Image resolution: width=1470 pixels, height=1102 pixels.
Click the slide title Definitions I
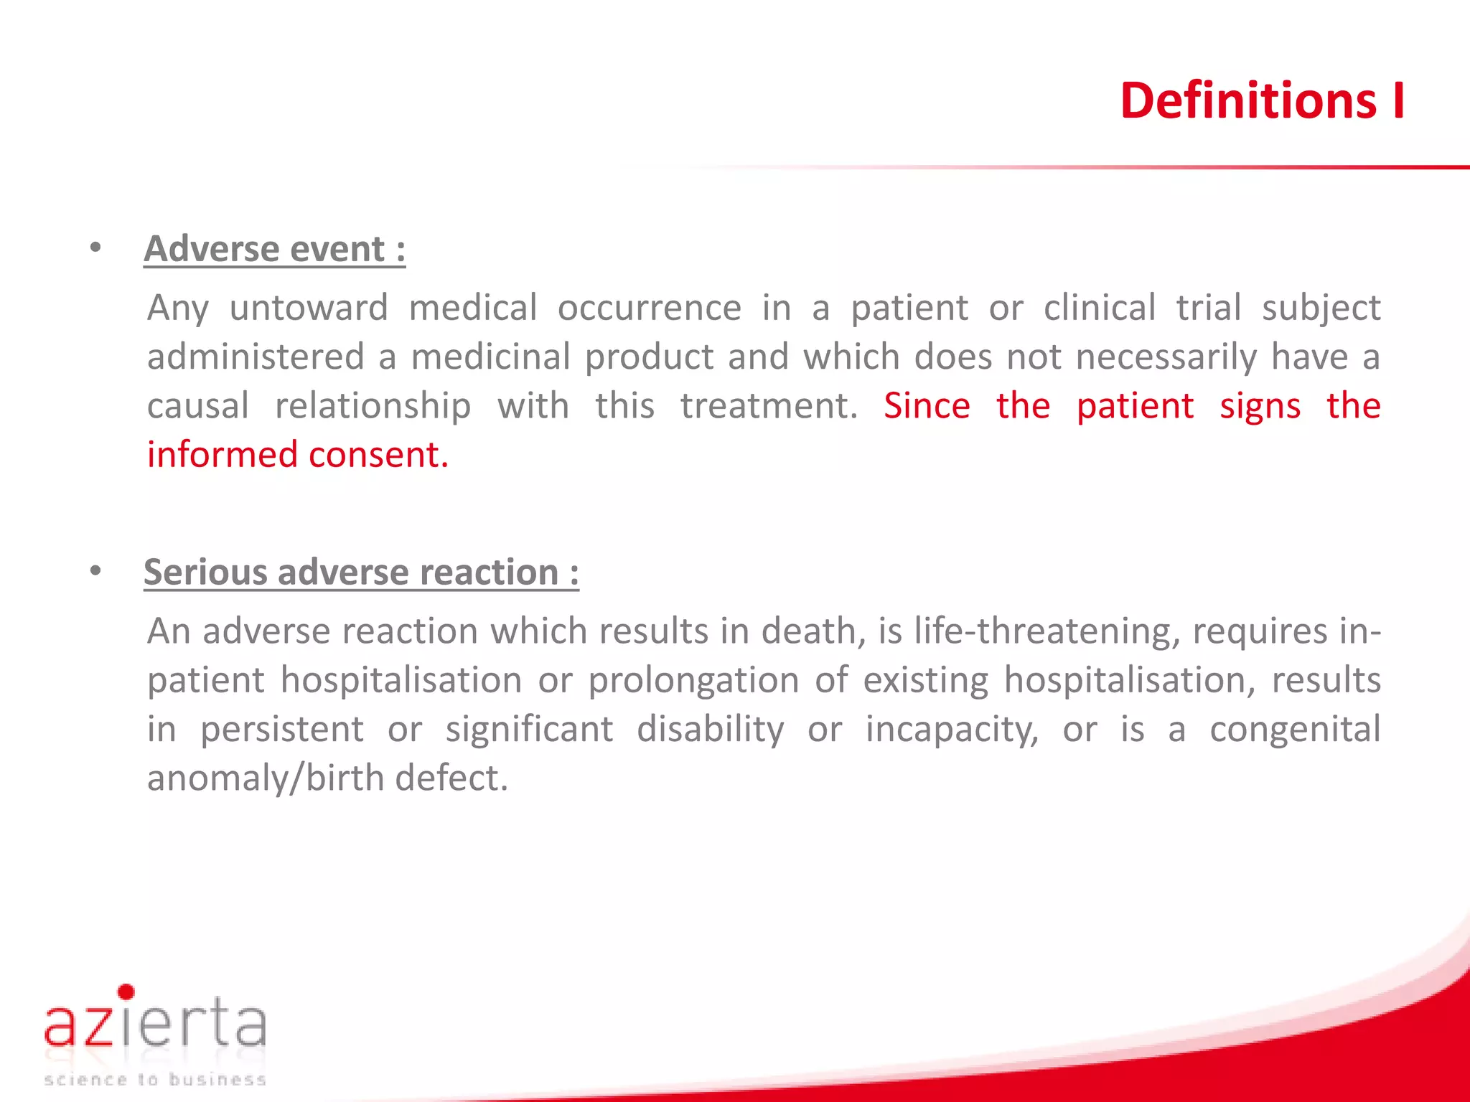pyautogui.click(x=1262, y=100)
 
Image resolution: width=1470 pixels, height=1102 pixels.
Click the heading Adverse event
pyautogui.click(x=274, y=249)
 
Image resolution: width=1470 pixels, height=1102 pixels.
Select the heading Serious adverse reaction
pyautogui.click(x=361, y=573)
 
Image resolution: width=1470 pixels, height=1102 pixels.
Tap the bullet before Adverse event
pyautogui.click(x=95, y=248)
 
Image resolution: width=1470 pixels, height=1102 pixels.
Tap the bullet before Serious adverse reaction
pyautogui.click(x=95, y=572)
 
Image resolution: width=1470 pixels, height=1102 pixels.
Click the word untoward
pyautogui.click(x=309, y=309)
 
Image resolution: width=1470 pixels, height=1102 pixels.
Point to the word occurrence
pyautogui.click(x=649, y=309)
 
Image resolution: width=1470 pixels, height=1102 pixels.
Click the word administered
pyautogui.click(x=256, y=357)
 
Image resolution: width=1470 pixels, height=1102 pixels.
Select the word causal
pyautogui.click(x=198, y=406)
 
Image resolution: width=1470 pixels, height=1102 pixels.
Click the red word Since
pyautogui.click(x=927, y=406)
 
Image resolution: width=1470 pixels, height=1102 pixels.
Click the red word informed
pyautogui.click(x=222, y=455)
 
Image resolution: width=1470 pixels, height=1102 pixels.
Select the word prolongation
pyautogui.click(x=693, y=681)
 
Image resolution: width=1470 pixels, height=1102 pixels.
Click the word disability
pyautogui.click(x=710, y=730)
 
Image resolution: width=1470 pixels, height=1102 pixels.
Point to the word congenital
pyautogui.click(x=1295, y=730)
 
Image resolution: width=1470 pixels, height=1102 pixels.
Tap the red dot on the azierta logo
pyautogui.click(x=126, y=992)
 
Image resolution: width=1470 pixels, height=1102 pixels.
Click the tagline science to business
pyautogui.click(x=155, y=1079)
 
